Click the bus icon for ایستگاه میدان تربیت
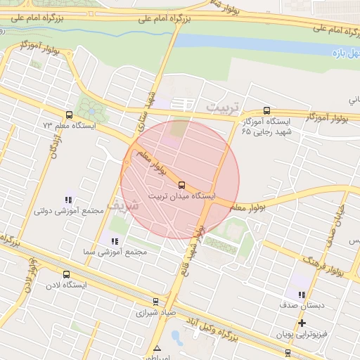[182, 185]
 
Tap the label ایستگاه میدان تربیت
[182, 196]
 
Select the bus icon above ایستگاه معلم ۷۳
[68, 115]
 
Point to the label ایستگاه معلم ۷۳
[68, 125]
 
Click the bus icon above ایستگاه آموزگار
[266, 110]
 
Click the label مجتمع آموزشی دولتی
[68, 211]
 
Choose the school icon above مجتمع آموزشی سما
[115, 240]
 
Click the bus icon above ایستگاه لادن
[66, 275]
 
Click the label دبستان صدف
[301, 307]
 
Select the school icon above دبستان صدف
[302, 295]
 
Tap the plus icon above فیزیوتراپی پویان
[302, 323]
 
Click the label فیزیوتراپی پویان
[302, 335]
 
